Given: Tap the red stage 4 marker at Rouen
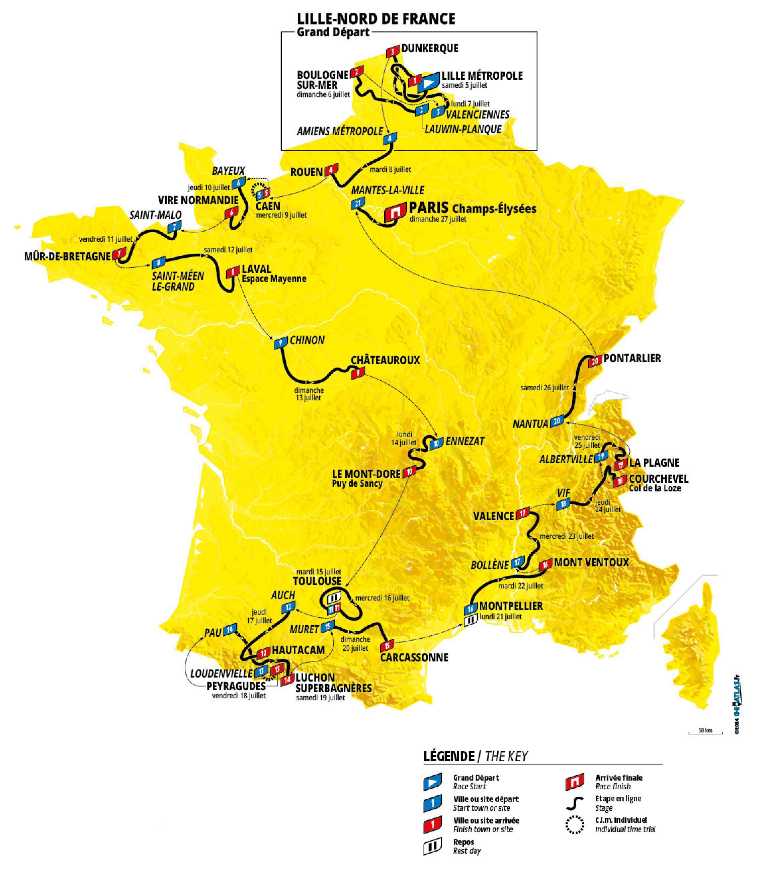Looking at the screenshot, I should click(x=331, y=170).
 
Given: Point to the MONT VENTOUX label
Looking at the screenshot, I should click(x=591, y=562).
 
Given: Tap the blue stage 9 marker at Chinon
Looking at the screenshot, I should click(x=280, y=343).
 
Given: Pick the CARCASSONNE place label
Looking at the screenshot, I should click(x=414, y=657).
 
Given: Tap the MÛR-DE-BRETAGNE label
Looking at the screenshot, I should click(x=67, y=256).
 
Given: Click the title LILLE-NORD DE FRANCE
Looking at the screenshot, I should click(x=376, y=19).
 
